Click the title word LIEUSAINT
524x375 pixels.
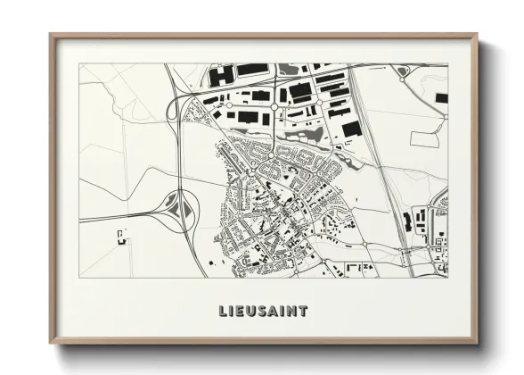click(x=263, y=311)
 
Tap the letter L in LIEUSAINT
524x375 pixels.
click(x=223, y=311)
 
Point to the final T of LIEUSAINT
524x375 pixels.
click(x=304, y=311)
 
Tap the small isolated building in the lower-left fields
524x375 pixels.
click(x=121, y=236)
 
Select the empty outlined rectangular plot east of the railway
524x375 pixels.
click(x=424, y=139)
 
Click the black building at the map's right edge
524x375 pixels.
click(x=441, y=98)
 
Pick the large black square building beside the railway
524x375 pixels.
click(x=352, y=129)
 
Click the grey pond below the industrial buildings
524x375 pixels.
click(x=314, y=135)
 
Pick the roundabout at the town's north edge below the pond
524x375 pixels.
click(x=272, y=154)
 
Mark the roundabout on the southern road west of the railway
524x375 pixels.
click(x=364, y=244)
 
